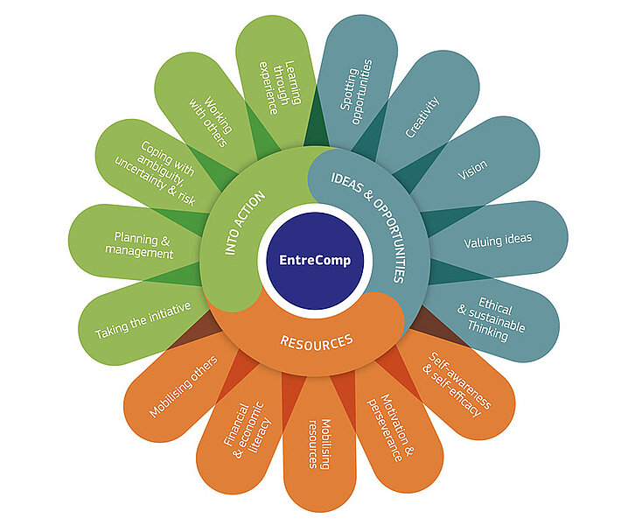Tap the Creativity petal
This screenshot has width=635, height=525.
coord(422,118)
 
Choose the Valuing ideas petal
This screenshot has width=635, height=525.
coord(497,238)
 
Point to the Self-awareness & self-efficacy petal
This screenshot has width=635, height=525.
coord(455,383)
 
